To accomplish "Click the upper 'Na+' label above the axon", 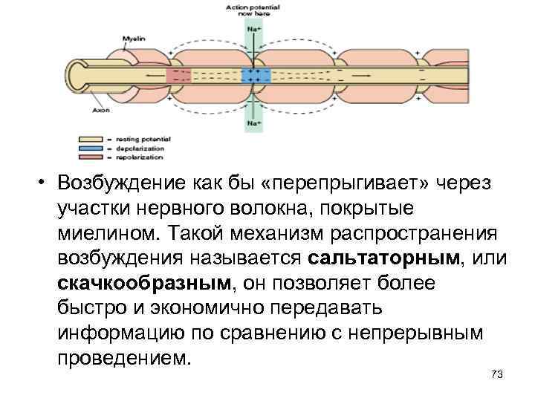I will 254,29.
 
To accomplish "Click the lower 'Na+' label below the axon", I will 254,122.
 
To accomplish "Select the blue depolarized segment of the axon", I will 254,75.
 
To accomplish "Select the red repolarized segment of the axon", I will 178,75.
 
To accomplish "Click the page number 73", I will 496,374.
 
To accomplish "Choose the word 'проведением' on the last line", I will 123,357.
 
